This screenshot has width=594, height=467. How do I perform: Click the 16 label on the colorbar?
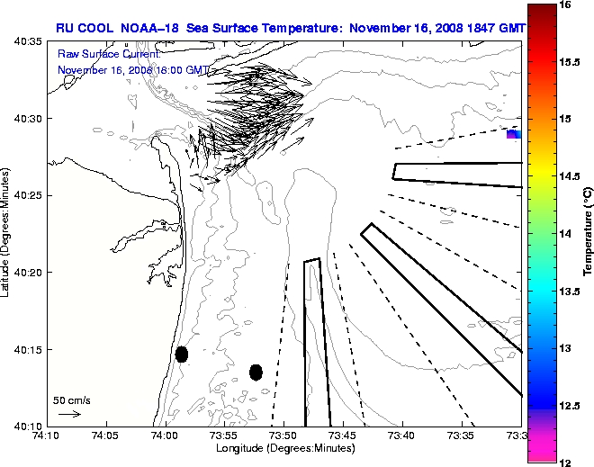pos(567,4)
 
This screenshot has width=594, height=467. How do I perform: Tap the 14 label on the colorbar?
pos(567,232)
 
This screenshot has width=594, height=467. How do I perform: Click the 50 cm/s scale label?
pos(72,400)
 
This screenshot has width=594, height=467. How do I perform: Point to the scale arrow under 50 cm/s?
pos(69,414)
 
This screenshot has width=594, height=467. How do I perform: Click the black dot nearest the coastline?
pos(182,354)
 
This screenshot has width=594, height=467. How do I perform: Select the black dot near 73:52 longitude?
pos(256,372)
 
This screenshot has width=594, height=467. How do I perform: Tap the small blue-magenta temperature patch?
pos(513,134)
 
